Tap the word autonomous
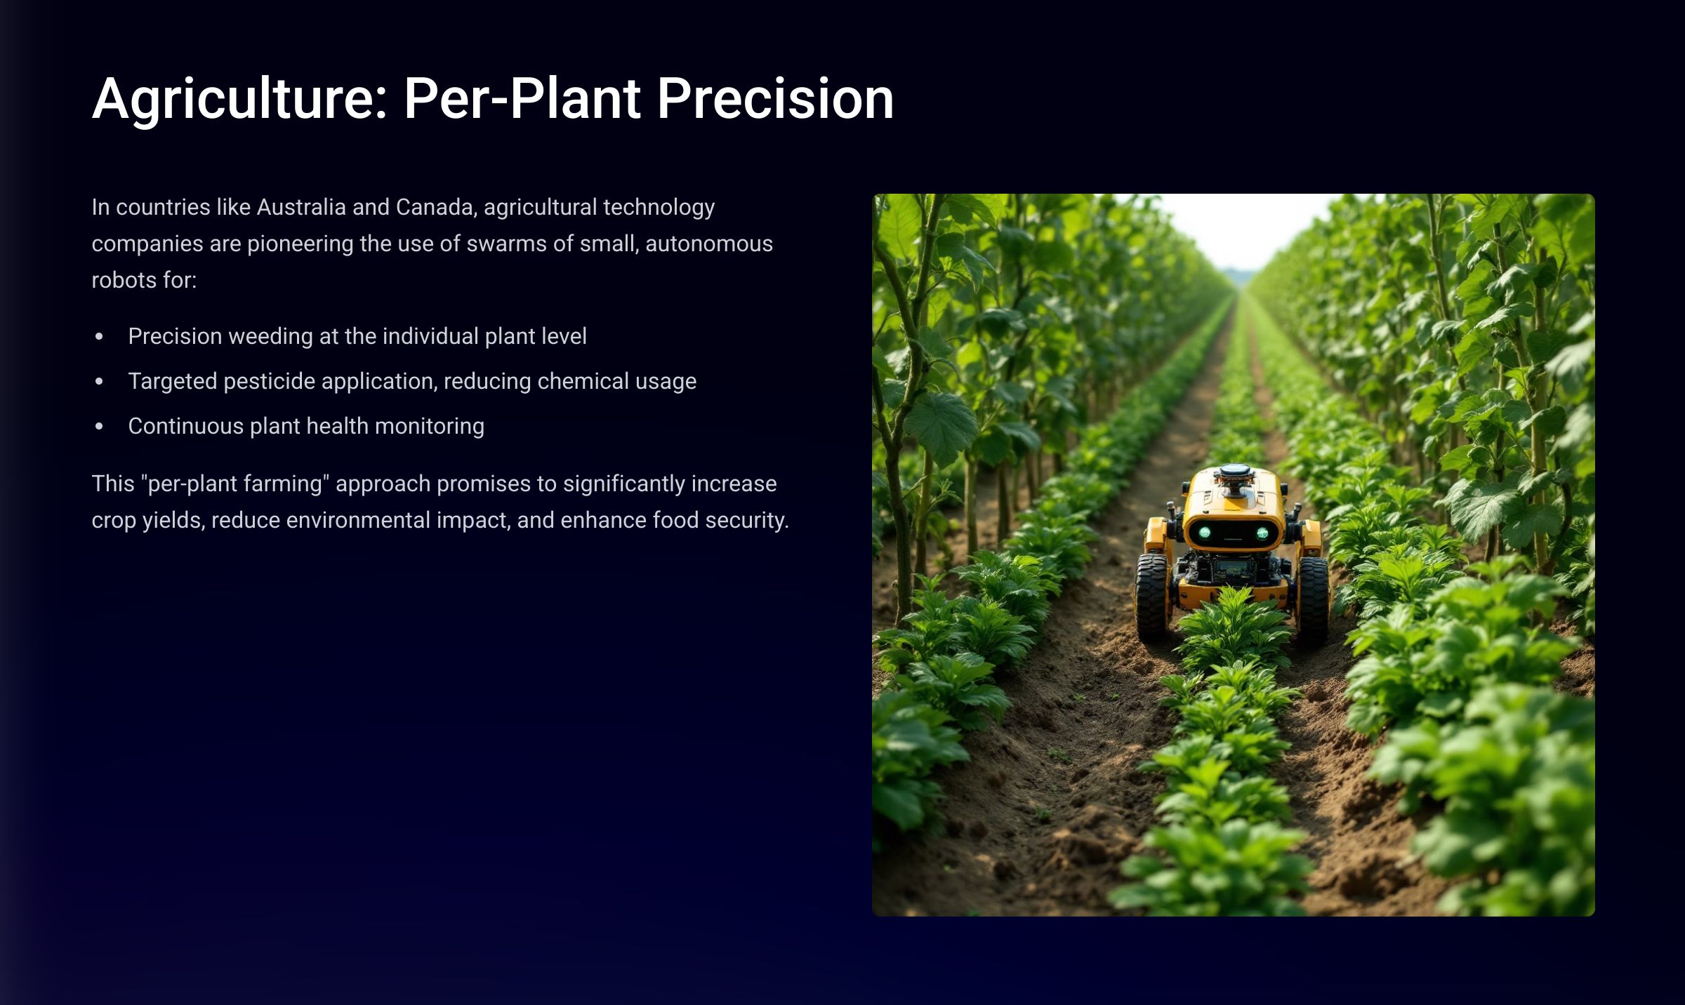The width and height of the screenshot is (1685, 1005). point(709,244)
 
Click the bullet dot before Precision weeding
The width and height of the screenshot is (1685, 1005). point(99,337)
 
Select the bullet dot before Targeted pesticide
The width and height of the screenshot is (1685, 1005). point(99,382)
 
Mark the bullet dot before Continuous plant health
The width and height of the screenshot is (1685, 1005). point(99,427)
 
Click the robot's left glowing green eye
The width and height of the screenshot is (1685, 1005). point(1205,533)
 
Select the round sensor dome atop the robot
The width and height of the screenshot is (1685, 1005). point(1234,471)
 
